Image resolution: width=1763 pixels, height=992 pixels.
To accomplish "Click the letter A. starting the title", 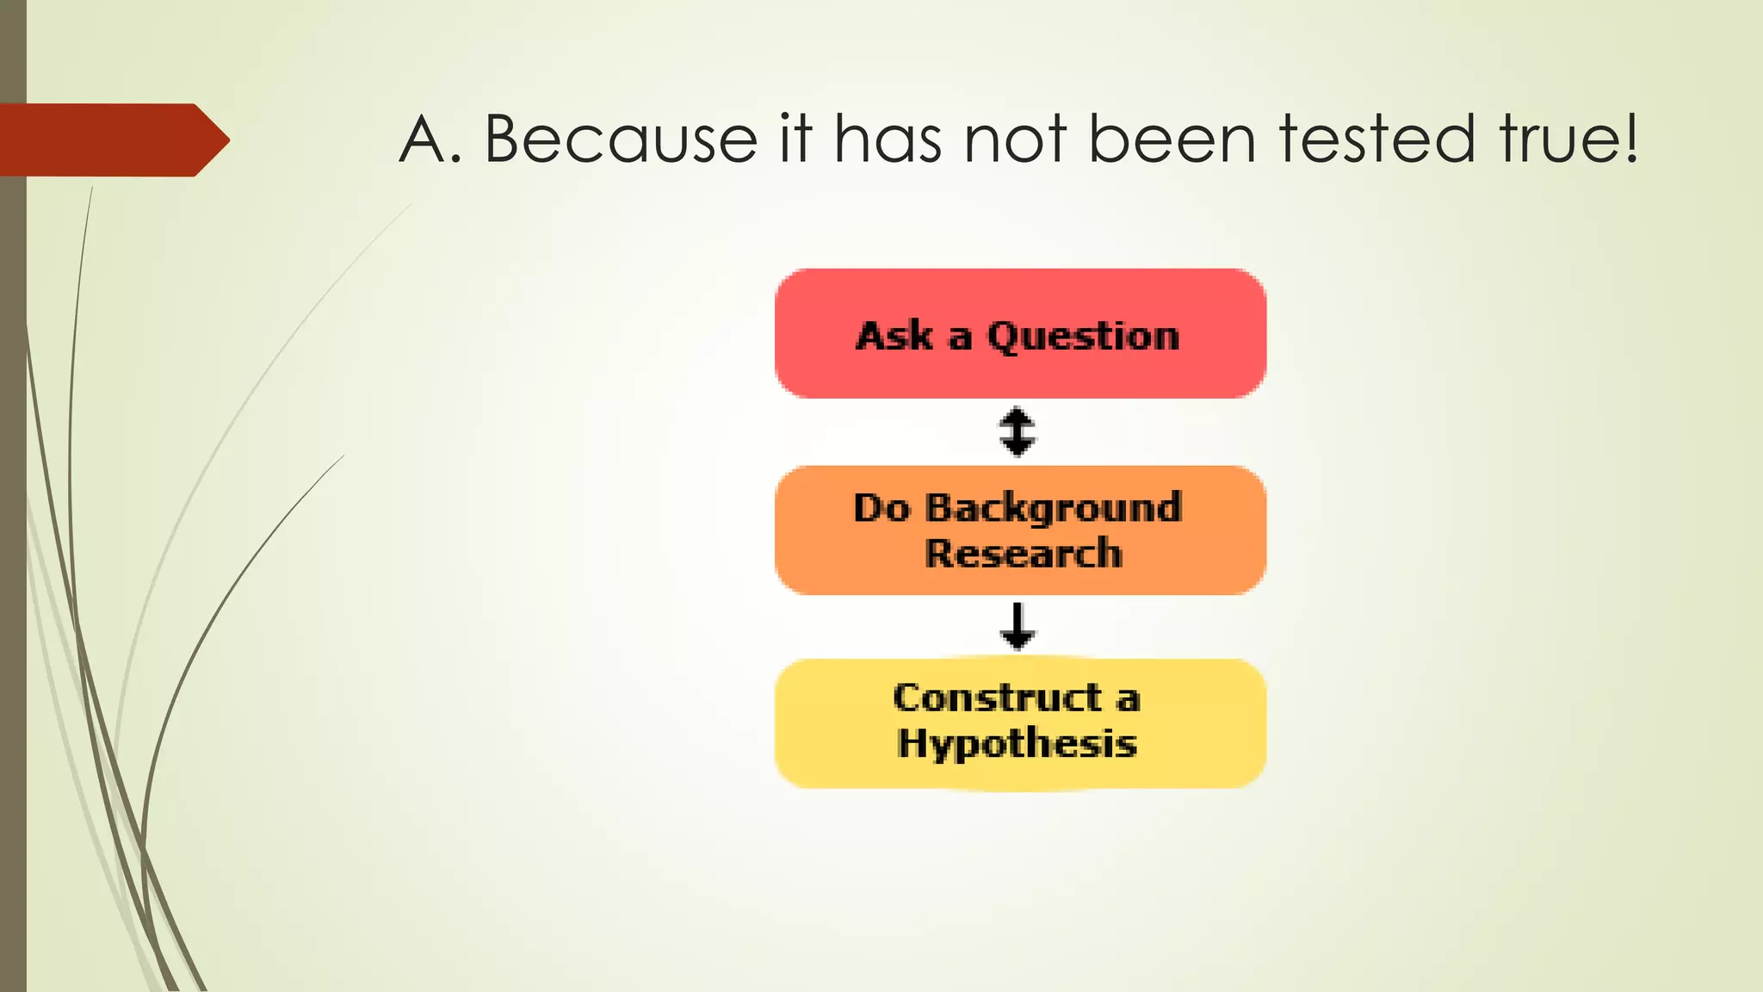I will (x=429, y=139).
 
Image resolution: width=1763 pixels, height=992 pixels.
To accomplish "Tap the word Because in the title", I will (x=620, y=139).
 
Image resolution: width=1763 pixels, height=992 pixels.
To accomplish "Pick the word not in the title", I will (x=1016, y=139).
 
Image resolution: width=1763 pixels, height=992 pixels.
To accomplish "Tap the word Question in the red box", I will (x=1083, y=336).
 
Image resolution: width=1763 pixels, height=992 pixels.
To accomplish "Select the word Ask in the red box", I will (x=894, y=336).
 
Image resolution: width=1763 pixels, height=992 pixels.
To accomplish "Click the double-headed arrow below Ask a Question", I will (x=1018, y=431).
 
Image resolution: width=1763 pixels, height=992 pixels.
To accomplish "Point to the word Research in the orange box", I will (x=1023, y=554).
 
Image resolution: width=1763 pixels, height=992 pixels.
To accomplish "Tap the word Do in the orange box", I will (x=881, y=508).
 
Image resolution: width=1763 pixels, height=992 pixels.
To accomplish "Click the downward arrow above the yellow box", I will (x=1018, y=626).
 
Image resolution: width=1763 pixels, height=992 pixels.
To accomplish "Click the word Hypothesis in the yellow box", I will (x=1017, y=743).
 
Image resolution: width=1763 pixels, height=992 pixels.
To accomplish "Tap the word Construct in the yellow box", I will (x=997, y=698).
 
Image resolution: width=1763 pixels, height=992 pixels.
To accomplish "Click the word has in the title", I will (x=888, y=139).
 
